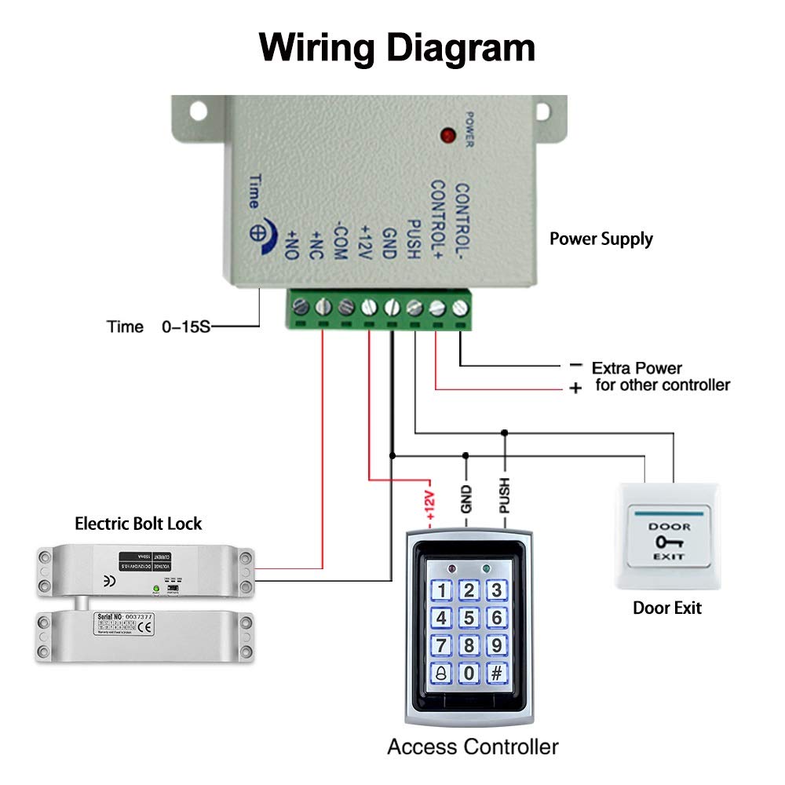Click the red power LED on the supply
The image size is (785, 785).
pyautogui.click(x=449, y=136)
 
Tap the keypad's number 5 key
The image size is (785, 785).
pyautogui.click(x=469, y=618)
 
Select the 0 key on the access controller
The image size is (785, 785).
pyautogui.click(x=469, y=673)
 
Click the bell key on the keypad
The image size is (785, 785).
pyautogui.click(x=443, y=673)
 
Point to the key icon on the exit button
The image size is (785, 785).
pyautogui.click(x=669, y=542)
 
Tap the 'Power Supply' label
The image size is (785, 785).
pyautogui.click(x=601, y=239)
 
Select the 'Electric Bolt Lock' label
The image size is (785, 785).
pyautogui.click(x=138, y=523)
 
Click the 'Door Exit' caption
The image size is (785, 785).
pyautogui.click(x=667, y=608)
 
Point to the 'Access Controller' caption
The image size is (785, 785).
pyautogui.click(x=473, y=746)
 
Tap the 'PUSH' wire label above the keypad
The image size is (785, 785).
pyautogui.click(x=505, y=496)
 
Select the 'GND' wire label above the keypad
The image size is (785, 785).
pyautogui.click(x=467, y=499)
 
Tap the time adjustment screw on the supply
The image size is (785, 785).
pyautogui.click(x=257, y=233)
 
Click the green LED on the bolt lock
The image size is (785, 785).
pyautogui.click(x=157, y=588)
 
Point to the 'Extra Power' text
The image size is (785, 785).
pyautogui.click(x=637, y=367)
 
